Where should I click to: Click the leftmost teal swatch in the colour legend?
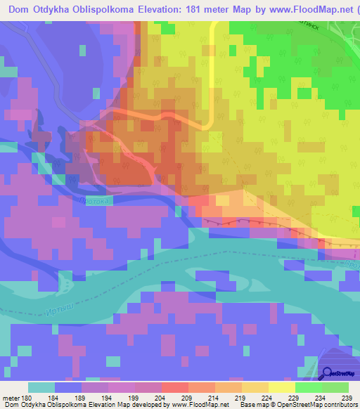41,387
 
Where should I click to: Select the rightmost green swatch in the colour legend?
335,387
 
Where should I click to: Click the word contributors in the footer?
336,404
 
